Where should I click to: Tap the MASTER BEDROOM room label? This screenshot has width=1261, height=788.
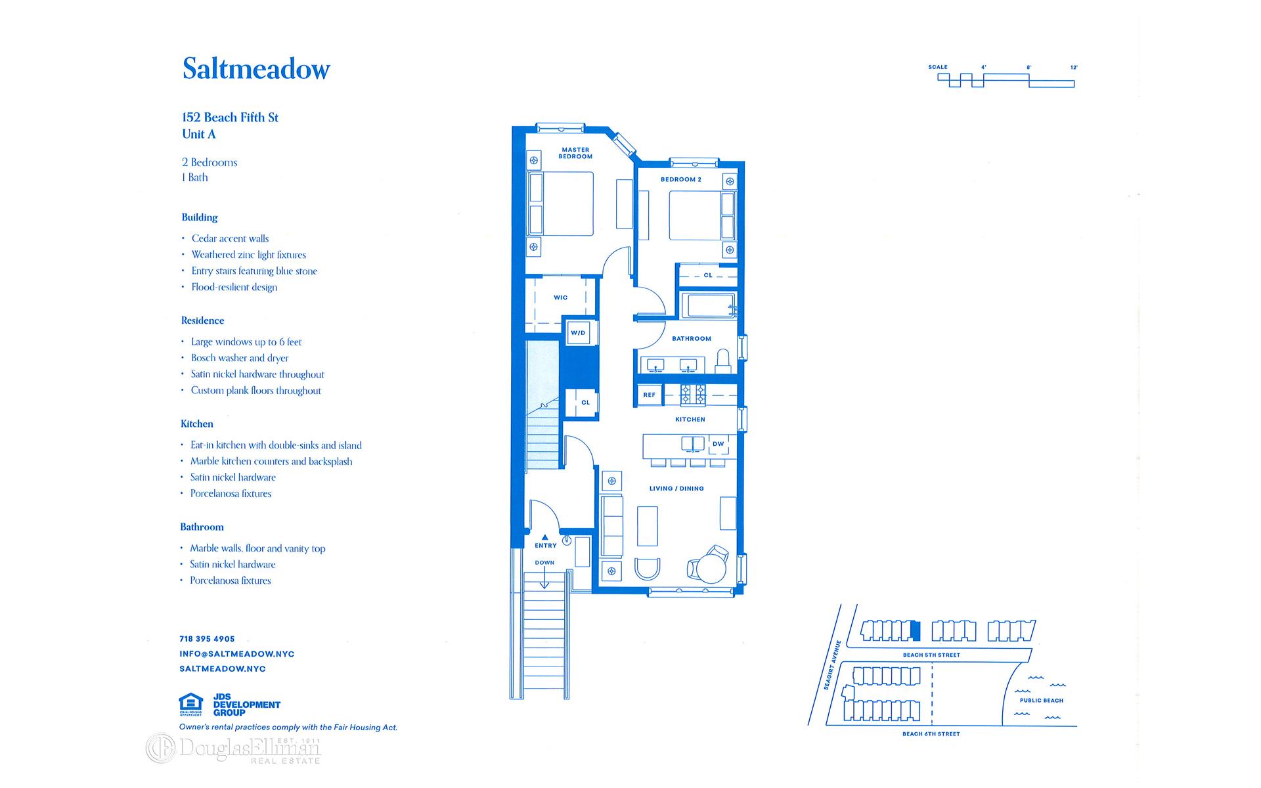(x=575, y=153)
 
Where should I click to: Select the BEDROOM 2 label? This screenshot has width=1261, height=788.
(x=681, y=179)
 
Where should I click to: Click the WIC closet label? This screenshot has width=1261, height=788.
(x=560, y=297)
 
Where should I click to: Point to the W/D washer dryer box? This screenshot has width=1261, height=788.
(x=578, y=333)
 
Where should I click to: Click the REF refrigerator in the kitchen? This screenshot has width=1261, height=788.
(x=649, y=395)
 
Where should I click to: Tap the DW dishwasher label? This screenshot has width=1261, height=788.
(x=719, y=444)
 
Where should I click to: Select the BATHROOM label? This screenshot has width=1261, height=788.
(x=692, y=339)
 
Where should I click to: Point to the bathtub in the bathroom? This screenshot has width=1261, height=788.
(x=709, y=306)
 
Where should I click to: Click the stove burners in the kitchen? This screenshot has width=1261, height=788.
(x=693, y=395)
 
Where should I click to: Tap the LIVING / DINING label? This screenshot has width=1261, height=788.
(x=676, y=489)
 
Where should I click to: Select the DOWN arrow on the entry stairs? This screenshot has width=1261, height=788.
(x=544, y=579)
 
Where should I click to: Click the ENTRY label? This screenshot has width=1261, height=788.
(x=545, y=546)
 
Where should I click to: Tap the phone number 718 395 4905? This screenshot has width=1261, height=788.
(x=207, y=639)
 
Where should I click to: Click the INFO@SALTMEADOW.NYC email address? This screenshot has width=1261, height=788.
(x=236, y=654)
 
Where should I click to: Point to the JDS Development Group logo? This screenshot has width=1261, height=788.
(x=246, y=705)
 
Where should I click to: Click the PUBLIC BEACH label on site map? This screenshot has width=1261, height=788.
(x=1041, y=701)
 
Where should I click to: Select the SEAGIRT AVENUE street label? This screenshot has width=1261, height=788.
(x=831, y=665)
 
